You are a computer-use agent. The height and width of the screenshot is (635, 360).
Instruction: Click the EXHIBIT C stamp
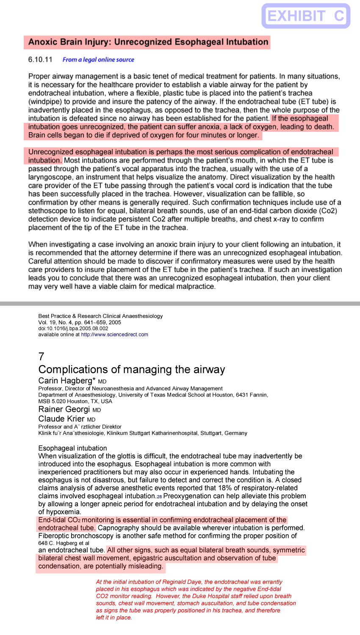(x=306, y=16)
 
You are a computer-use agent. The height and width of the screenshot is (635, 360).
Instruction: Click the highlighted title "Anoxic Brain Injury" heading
(x=148, y=42)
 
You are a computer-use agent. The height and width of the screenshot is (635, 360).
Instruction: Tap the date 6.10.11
(x=40, y=59)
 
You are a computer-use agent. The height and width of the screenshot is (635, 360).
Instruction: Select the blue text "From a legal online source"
(x=98, y=60)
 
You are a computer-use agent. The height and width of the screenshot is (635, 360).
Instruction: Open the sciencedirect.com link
(x=114, y=335)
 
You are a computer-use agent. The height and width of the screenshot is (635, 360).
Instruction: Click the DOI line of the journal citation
(x=73, y=328)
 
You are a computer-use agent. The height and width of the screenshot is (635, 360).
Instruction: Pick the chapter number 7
(x=41, y=356)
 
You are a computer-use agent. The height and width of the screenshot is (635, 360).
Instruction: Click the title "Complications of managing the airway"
(x=131, y=369)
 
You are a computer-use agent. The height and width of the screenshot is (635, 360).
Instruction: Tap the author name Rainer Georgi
(x=64, y=409)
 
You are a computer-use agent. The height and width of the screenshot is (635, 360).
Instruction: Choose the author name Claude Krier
(x=61, y=419)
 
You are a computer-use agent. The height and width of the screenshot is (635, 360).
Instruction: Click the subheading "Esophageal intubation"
(x=72, y=448)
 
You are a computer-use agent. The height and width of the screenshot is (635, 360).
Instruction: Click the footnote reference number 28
(x=159, y=496)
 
